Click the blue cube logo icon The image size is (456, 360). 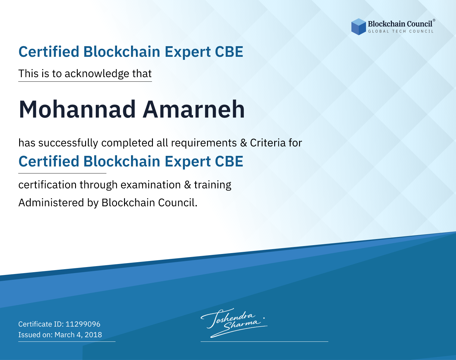tap(358, 27)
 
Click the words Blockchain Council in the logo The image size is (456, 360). tap(400, 24)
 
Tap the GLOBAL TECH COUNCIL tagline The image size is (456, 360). tap(401, 31)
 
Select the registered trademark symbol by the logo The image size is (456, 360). tap(434, 20)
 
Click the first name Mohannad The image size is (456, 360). tap(77, 109)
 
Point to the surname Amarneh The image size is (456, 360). tap(194, 109)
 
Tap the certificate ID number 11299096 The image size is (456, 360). tap(83, 324)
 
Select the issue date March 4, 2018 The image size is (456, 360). tap(78, 334)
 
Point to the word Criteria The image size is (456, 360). tap(268, 143)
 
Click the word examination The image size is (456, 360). tap(151, 185)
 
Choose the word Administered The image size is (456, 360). tap(51, 203)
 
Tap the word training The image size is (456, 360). tap(213, 185)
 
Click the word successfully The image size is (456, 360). tap(68, 143)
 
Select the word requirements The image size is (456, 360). tap(204, 143)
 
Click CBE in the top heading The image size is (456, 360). tap(229, 52)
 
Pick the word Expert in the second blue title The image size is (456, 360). tap(188, 162)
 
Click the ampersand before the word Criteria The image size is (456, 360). tap(244, 143)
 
